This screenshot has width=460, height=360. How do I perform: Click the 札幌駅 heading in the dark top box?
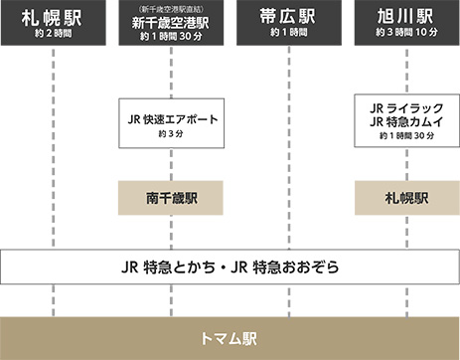coord(53,18)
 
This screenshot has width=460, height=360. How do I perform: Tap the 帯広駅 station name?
coord(288,18)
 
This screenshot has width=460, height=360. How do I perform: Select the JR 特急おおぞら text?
coord(294,267)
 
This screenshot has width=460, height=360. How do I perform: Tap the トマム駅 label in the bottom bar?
coord(230,338)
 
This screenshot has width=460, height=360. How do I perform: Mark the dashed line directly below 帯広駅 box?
coord(288,149)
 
